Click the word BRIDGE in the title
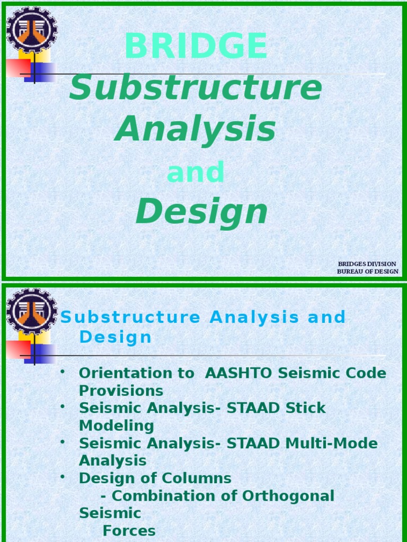click(x=196, y=46)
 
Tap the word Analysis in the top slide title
click(x=196, y=129)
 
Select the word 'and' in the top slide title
click(x=196, y=173)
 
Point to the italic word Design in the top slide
click(x=201, y=212)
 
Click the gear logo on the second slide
click(x=31, y=311)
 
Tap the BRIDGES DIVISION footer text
click(x=367, y=264)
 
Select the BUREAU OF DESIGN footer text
click(x=367, y=272)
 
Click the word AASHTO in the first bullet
click(x=239, y=373)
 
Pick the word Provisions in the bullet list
click(x=121, y=391)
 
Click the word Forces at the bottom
click(x=129, y=531)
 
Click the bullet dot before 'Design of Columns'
click(x=63, y=477)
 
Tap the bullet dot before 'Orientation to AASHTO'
click(x=63, y=372)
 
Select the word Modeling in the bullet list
click(x=116, y=426)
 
